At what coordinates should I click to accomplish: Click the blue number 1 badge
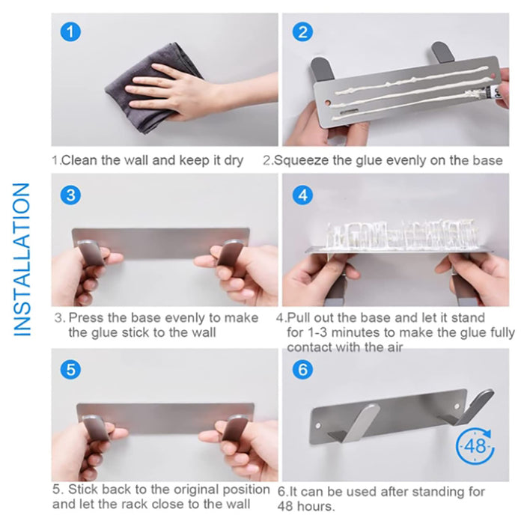[x=70, y=31]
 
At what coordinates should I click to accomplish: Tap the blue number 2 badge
[x=302, y=31]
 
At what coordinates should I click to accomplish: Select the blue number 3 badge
[x=70, y=195]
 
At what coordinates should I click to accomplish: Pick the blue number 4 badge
[x=302, y=195]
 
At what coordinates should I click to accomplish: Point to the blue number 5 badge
[x=70, y=370]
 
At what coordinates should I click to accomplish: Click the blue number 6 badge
[x=302, y=370]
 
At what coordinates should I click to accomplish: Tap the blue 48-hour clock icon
[x=475, y=446]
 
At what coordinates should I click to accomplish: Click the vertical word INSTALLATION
[x=22, y=259]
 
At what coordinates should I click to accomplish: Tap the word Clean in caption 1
[x=79, y=160]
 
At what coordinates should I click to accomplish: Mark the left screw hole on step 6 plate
[x=318, y=426]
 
